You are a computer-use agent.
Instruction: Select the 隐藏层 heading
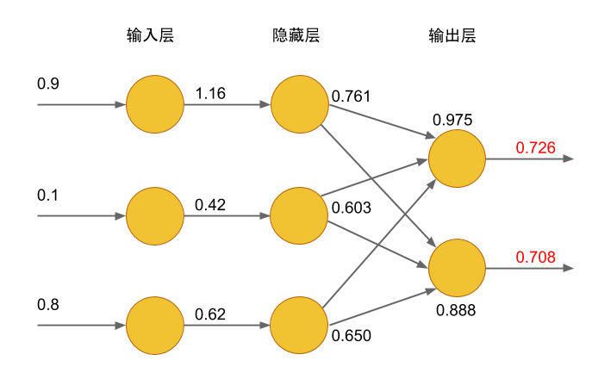(x=296, y=36)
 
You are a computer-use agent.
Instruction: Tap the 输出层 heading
(x=452, y=36)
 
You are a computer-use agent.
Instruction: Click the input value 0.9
(x=47, y=84)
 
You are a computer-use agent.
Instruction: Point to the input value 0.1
(x=47, y=195)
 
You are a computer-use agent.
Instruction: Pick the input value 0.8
(x=47, y=305)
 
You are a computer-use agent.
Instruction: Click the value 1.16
(x=210, y=93)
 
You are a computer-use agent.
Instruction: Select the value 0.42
(x=210, y=205)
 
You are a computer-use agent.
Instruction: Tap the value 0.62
(x=210, y=315)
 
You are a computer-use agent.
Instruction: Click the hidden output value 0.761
(x=351, y=96)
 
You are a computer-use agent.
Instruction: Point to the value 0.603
(x=351, y=208)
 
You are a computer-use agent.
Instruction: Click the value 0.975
(x=452, y=121)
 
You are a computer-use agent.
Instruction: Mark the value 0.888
(x=456, y=310)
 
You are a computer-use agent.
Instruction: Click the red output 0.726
(x=535, y=148)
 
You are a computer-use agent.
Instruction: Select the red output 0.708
(x=535, y=257)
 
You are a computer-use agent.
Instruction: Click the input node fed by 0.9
(x=155, y=104)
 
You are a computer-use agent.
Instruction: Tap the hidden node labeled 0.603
(x=299, y=215)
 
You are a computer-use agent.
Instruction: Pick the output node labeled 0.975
(x=457, y=160)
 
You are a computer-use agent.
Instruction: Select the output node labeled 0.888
(x=457, y=269)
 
